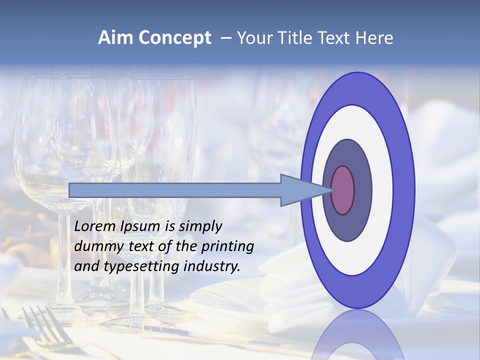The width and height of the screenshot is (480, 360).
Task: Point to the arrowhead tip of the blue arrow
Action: pos(332,190)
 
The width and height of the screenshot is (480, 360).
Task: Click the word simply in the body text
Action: pos(200,226)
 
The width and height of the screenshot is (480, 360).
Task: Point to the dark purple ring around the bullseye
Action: pos(362,190)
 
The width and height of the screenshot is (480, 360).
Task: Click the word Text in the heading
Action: pos(334,38)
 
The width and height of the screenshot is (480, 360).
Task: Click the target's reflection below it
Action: pos(357,335)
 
